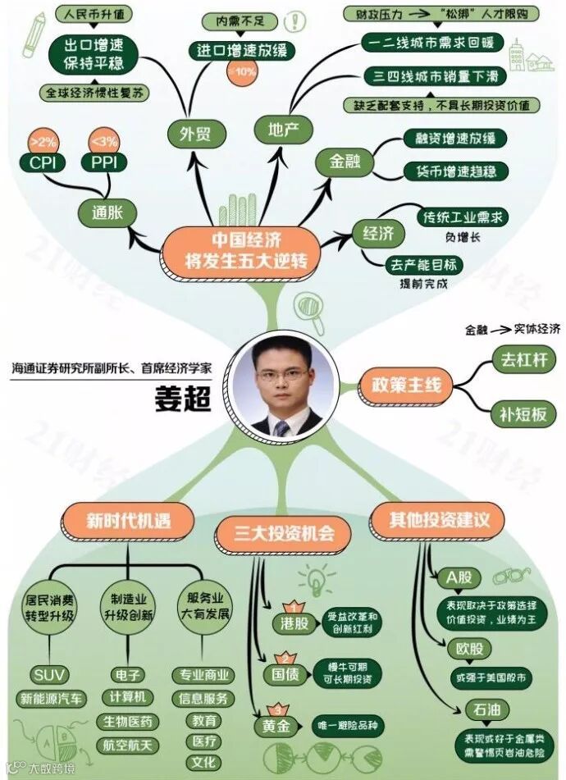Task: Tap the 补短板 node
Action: [x=523, y=414]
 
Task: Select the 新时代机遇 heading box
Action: [x=128, y=519]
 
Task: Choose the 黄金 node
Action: [x=277, y=727]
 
